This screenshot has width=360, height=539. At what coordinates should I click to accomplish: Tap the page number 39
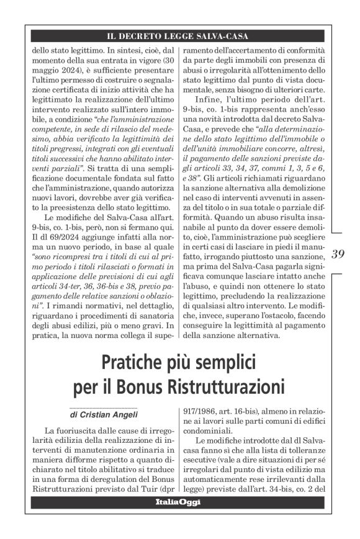click(338, 254)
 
